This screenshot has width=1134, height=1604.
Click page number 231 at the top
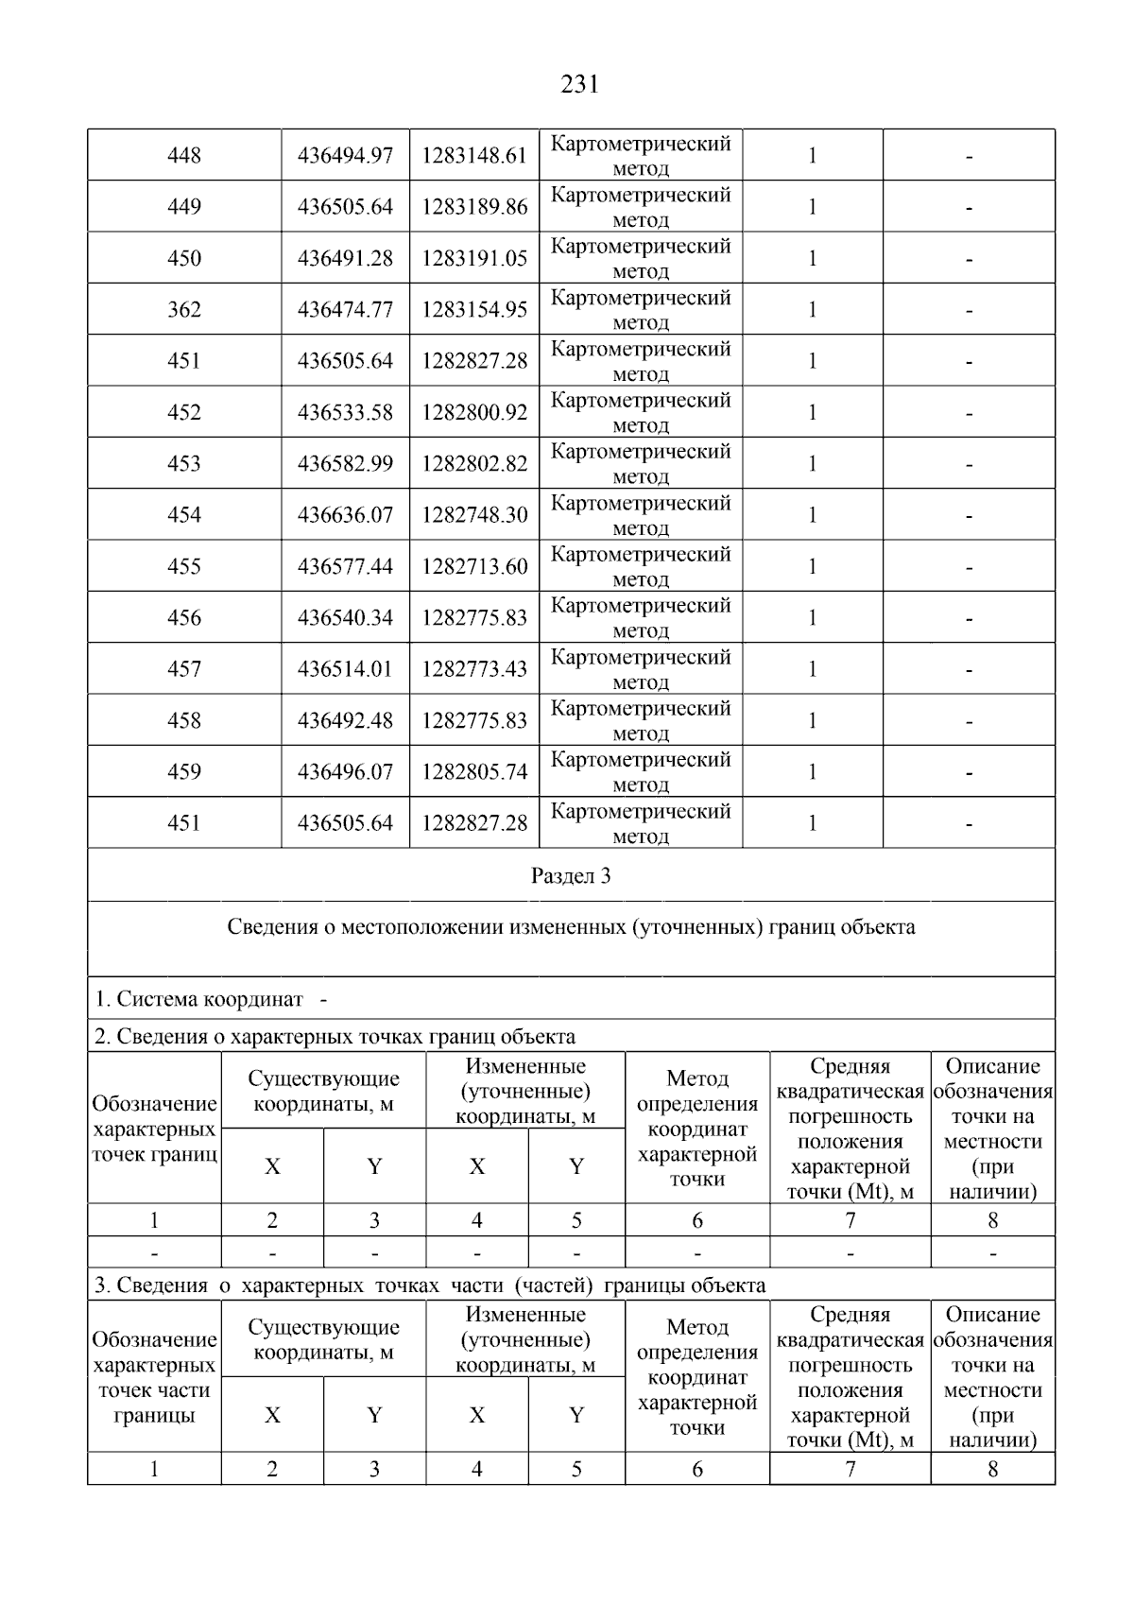(579, 85)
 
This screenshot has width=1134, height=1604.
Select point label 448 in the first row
(184, 155)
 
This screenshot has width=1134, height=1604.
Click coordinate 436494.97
(345, 155)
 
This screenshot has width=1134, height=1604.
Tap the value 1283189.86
(474, 207)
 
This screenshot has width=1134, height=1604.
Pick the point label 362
(184, 309)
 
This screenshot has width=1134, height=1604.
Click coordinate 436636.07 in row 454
(345, 515)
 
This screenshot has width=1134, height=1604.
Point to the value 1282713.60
(474, 566)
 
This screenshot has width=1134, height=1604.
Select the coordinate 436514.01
(345, 669)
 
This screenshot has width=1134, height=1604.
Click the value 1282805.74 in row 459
(474, 771)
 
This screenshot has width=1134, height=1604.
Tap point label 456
(184, 617)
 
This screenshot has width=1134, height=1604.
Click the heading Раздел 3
(571, 875)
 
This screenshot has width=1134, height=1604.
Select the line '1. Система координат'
(199, 999)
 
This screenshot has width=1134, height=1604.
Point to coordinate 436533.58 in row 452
(345, 412)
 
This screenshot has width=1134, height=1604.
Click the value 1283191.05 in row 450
(474, 258)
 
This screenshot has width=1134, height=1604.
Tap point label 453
(184, 463)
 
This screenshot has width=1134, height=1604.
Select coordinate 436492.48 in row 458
(345, 720)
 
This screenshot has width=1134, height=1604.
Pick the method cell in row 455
(641, 566)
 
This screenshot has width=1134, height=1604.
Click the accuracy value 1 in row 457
(812, 669)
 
